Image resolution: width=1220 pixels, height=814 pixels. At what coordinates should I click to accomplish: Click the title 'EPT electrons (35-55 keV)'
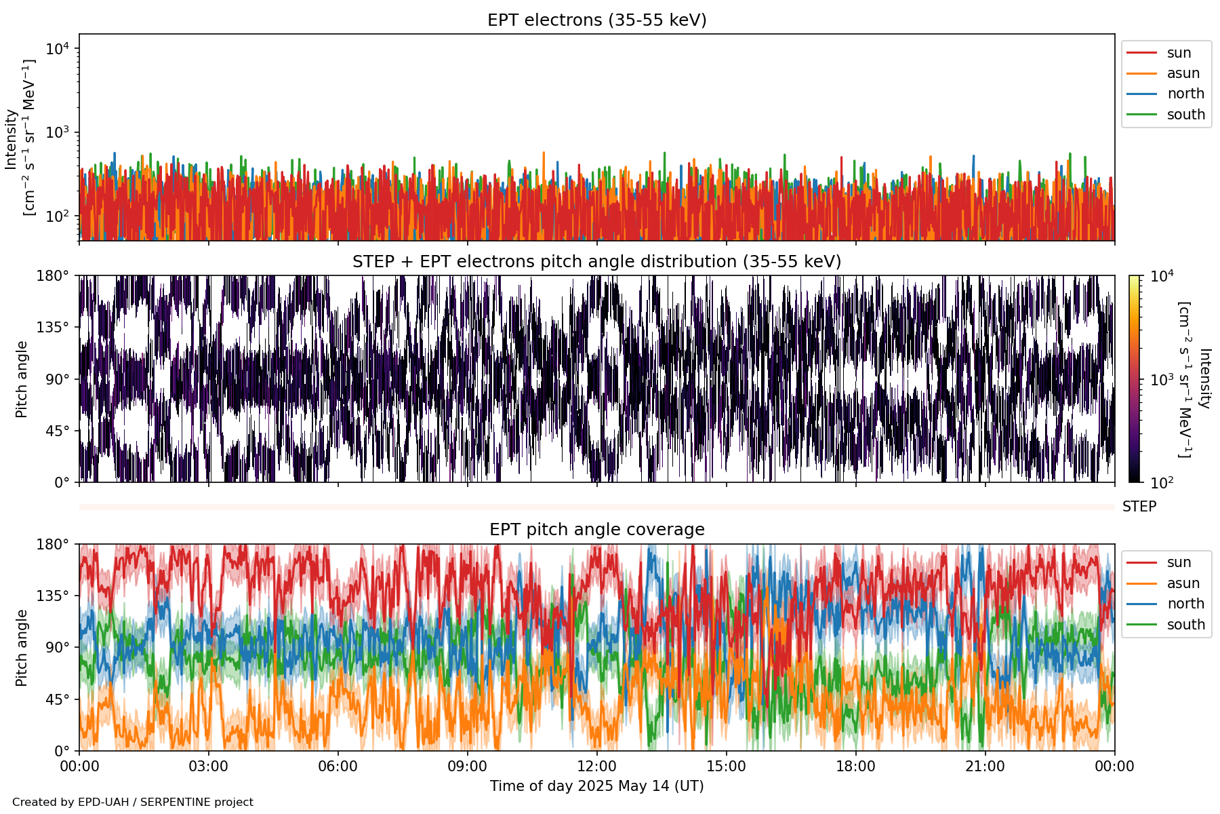(x=596, y=20)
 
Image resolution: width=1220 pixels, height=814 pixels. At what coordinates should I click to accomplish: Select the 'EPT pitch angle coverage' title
(x=596, y=530)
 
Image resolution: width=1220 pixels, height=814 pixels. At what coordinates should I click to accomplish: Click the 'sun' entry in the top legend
(x=1179, y=53)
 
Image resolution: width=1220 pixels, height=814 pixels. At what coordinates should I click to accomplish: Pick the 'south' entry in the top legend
(x=1185, y=115)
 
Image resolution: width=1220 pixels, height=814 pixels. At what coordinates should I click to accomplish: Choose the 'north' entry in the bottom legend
(x=1185, y=604)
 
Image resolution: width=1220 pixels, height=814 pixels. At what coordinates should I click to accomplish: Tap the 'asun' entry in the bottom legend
(x=1183, y=583)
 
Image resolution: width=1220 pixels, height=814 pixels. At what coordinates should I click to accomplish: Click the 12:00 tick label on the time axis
(x=596, y=767)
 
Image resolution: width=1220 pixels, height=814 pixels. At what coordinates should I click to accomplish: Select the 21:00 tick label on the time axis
(x=985, y=767)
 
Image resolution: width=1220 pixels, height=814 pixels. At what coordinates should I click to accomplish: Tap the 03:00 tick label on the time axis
(x=208, y=767)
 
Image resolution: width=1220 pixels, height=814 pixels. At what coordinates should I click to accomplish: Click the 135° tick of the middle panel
(x=53, y=328)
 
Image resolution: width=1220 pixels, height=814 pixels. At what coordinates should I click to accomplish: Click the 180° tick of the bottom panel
(x=53, y=545)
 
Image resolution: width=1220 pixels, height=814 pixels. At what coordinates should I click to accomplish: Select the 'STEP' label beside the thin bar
(x=1139, y=507)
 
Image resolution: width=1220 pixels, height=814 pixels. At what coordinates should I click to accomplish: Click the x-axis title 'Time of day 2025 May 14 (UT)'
(x=596, y=786)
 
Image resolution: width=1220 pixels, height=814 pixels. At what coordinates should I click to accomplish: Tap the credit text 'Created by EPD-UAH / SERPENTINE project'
(x=133, y=802)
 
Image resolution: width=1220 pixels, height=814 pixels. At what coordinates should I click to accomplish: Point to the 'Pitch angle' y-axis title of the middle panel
(x=22, y=379)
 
